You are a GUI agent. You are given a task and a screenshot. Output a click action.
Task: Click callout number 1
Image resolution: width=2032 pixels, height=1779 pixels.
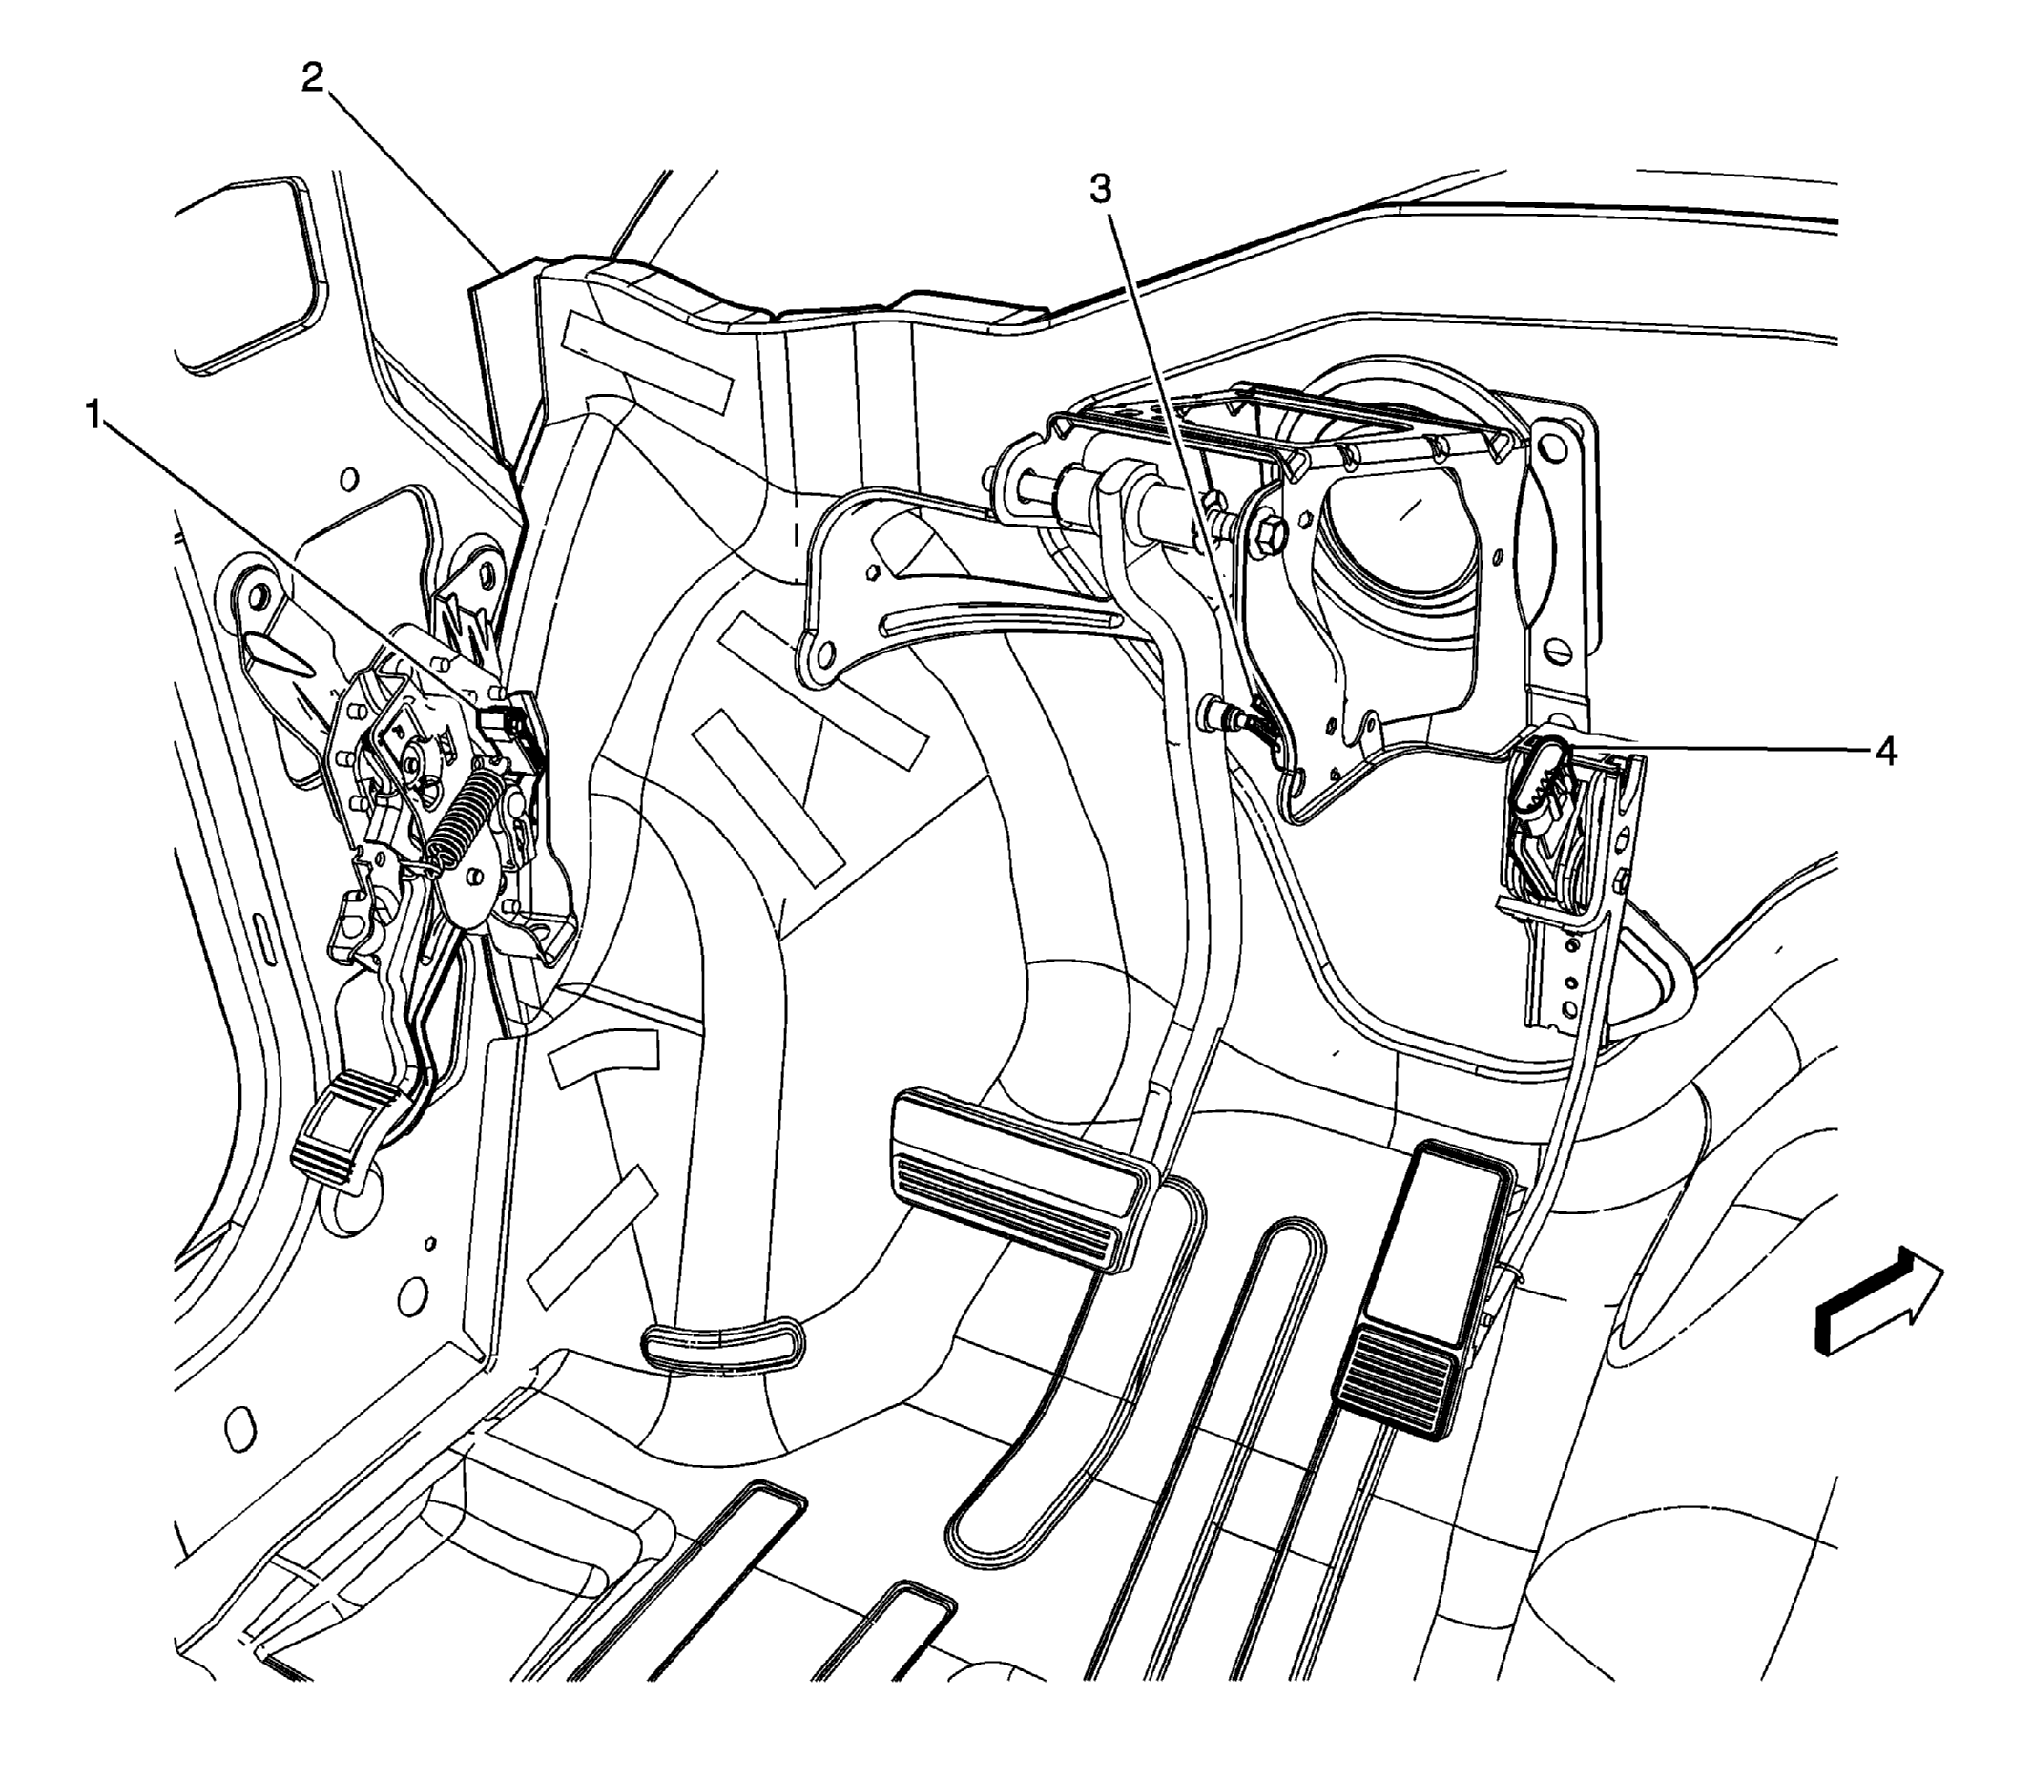pos(93,414)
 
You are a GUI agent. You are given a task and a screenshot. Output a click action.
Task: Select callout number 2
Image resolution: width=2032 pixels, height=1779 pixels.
pos(313,77)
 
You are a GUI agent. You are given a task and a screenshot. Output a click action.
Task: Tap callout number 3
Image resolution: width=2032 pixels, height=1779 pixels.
pos(1101,189)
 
